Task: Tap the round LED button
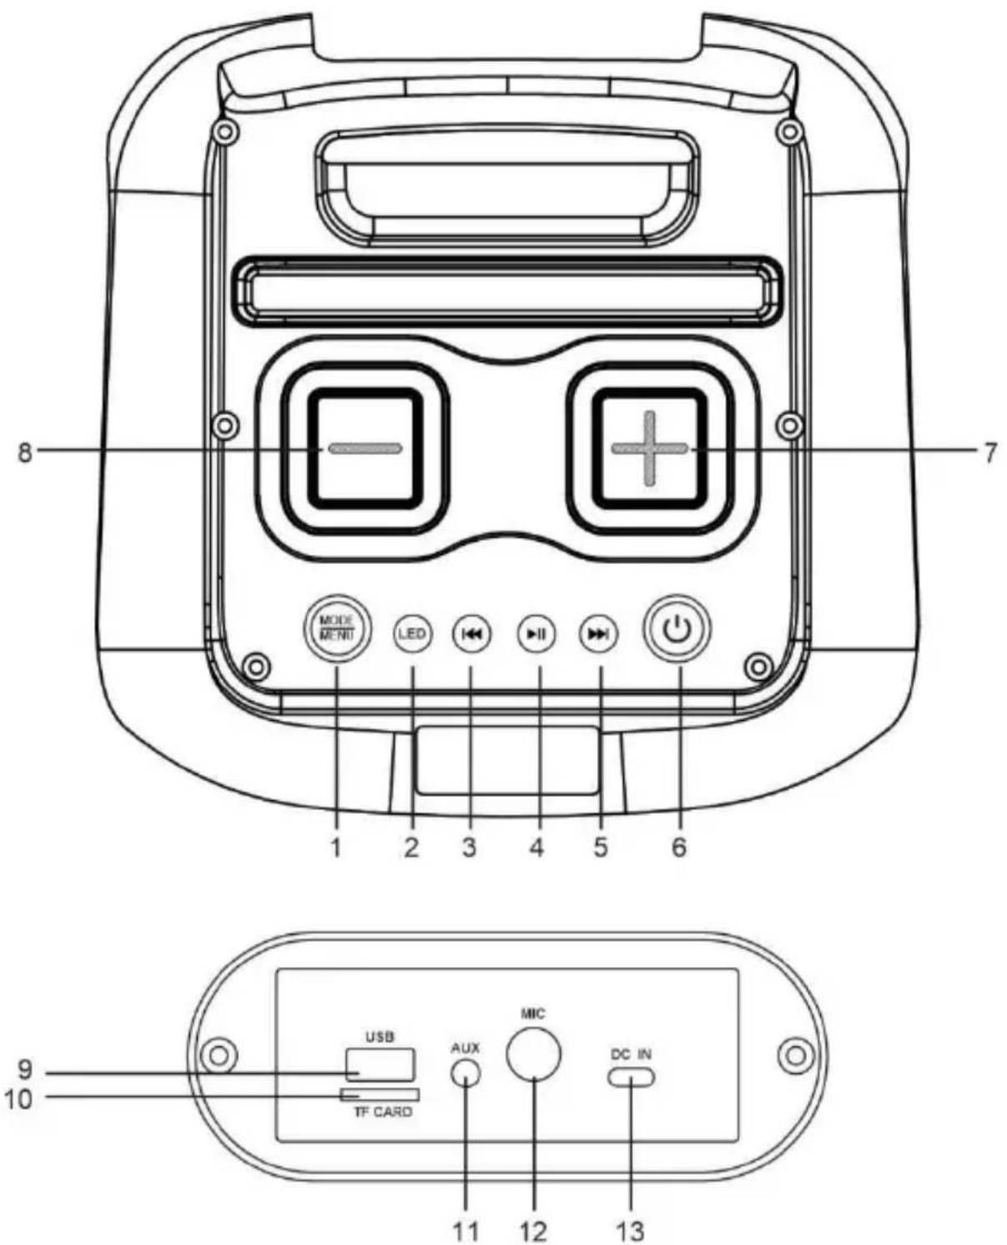[412, 633]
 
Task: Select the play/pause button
[471, 633]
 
